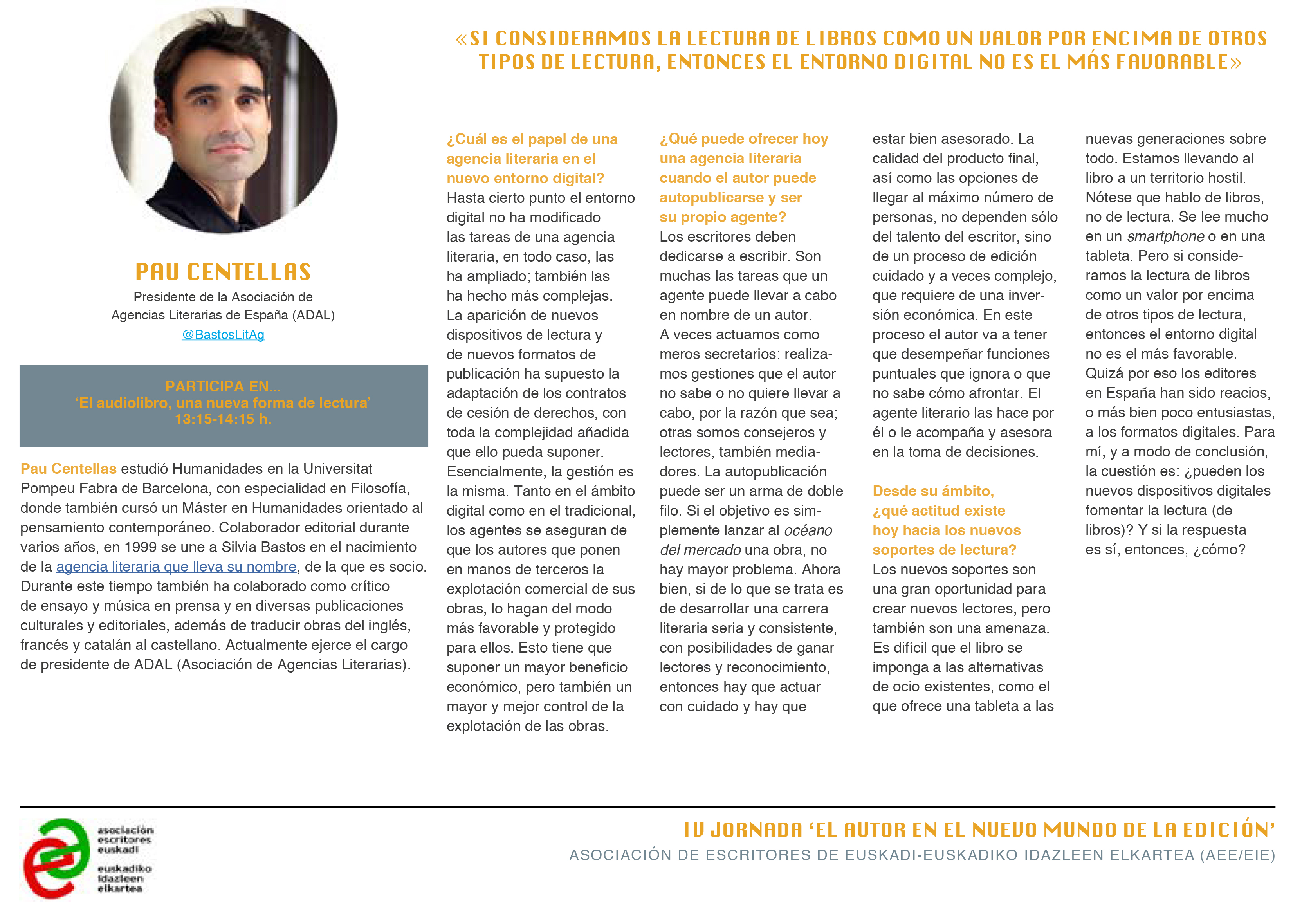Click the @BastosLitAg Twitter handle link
[x=223, y=335]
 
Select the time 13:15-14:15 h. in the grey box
[x=223, y=419]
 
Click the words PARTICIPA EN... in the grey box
[x=223, y=386]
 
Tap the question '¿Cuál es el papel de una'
[x=532, y=139]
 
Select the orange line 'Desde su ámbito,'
[x=933, y=491]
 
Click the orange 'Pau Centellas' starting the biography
[x=69, y=469]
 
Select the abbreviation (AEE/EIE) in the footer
[x=1237, y=855]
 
